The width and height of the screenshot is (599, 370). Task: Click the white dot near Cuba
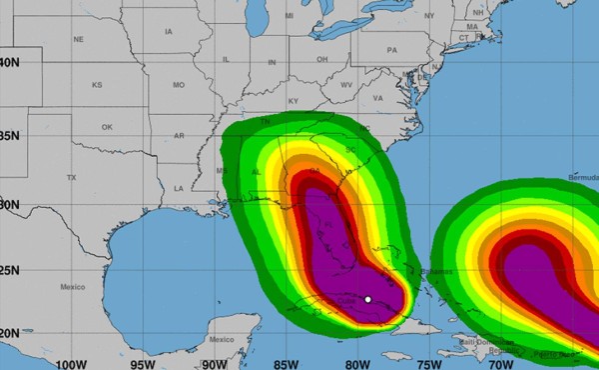(x=368, y=299)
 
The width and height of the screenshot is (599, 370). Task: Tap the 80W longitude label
(x=359, y=363)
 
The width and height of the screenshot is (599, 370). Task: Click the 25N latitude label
(x=9, y=269)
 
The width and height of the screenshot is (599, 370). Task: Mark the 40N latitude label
(x=9, y=61)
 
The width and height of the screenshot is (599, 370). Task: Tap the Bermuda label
(x=581, y=176)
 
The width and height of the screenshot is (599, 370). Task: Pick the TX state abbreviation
(x=71, y=177)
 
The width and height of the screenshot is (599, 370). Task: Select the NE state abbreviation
(x=79, y=39)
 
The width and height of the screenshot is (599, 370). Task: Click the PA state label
(x=391, y=49)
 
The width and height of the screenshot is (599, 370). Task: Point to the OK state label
(x=107, y=127)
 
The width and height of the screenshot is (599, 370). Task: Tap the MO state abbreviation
(x=179, y=85)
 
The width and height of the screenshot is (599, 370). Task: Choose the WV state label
(x=347, y=85)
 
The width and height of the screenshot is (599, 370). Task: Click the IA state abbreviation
(x=168, y=32)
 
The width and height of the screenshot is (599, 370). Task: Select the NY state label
(x=429, y=16)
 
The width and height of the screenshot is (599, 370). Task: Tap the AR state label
(x=180, y=135)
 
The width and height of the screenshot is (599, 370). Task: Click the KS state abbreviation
(x=97, y=85)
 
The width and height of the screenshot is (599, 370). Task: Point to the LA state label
(x=179, y=188)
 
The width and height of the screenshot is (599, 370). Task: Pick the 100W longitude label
(x=71, y=363)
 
